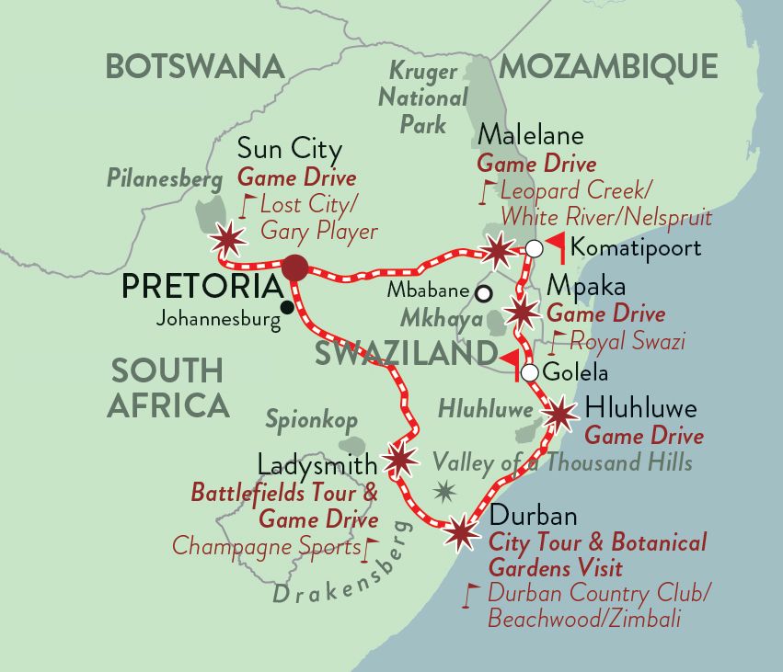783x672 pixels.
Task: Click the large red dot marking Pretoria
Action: (295, 268)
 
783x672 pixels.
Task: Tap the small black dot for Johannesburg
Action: (288, 306)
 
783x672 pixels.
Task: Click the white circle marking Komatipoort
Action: (534, 247)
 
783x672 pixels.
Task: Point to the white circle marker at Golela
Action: (529, 373)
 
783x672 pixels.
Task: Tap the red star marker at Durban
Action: (461, 531)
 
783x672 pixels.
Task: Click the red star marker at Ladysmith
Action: (399, 459)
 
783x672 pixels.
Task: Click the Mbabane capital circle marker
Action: (483, 293)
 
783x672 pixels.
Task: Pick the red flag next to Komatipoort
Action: (555, 246)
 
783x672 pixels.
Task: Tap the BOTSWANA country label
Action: (194, 66)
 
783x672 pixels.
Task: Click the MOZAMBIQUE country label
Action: (608, 66)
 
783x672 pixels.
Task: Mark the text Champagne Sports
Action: (267, 547)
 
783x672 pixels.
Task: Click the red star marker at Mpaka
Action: (522, 313)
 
